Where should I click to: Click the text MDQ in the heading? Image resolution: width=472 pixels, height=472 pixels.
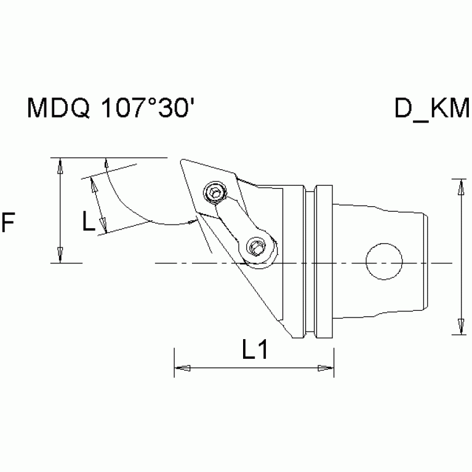[x=58, y=110]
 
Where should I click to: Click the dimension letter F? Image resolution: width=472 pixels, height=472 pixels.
[x=9, y=223]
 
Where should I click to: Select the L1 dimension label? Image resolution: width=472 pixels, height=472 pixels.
[x=254, y=351]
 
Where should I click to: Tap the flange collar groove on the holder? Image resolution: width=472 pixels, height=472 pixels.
[x=312, y=262]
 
